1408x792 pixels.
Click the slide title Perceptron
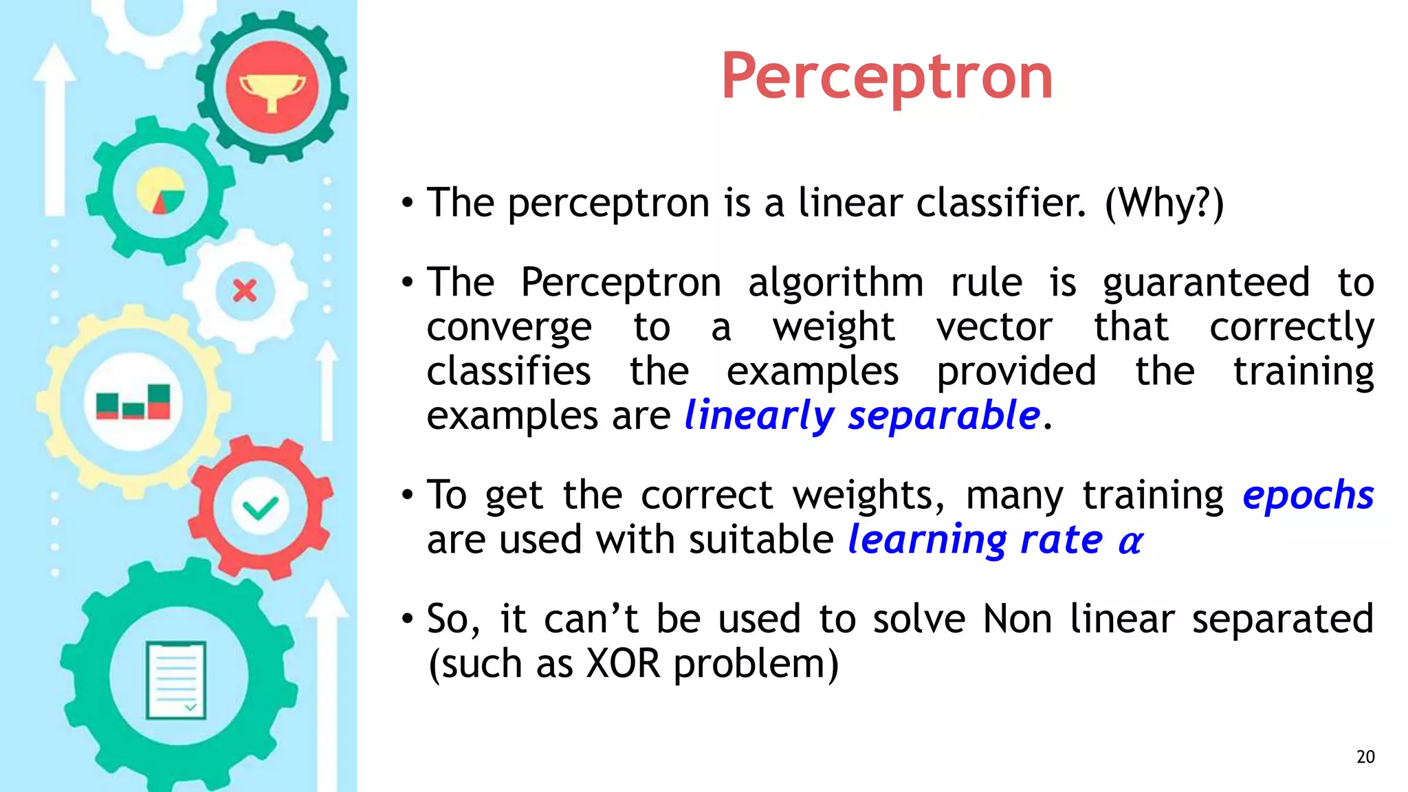pos(886,77)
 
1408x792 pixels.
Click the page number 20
pos(1365,757)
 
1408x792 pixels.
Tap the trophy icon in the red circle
pos(272,89)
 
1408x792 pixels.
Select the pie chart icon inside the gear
pos(160,191)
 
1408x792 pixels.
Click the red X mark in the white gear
pos(245,291)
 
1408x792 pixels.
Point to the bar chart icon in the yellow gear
pos(133,401)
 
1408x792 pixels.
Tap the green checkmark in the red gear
pos(261,508)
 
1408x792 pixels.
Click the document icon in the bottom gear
pos(176,680)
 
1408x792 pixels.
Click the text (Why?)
pos(1164,203)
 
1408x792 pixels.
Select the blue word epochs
pos(1308,495)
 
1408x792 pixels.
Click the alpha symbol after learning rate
pos(1130,542)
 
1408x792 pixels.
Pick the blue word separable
pos(943,416)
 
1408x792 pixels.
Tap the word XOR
pos(623,664)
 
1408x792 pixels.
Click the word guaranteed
pos(1207,283)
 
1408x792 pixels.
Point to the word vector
pos(994,327)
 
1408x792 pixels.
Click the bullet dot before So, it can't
pos(408,619)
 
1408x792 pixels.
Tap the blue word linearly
pos(759,416)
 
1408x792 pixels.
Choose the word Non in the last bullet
pos(1017,619)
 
